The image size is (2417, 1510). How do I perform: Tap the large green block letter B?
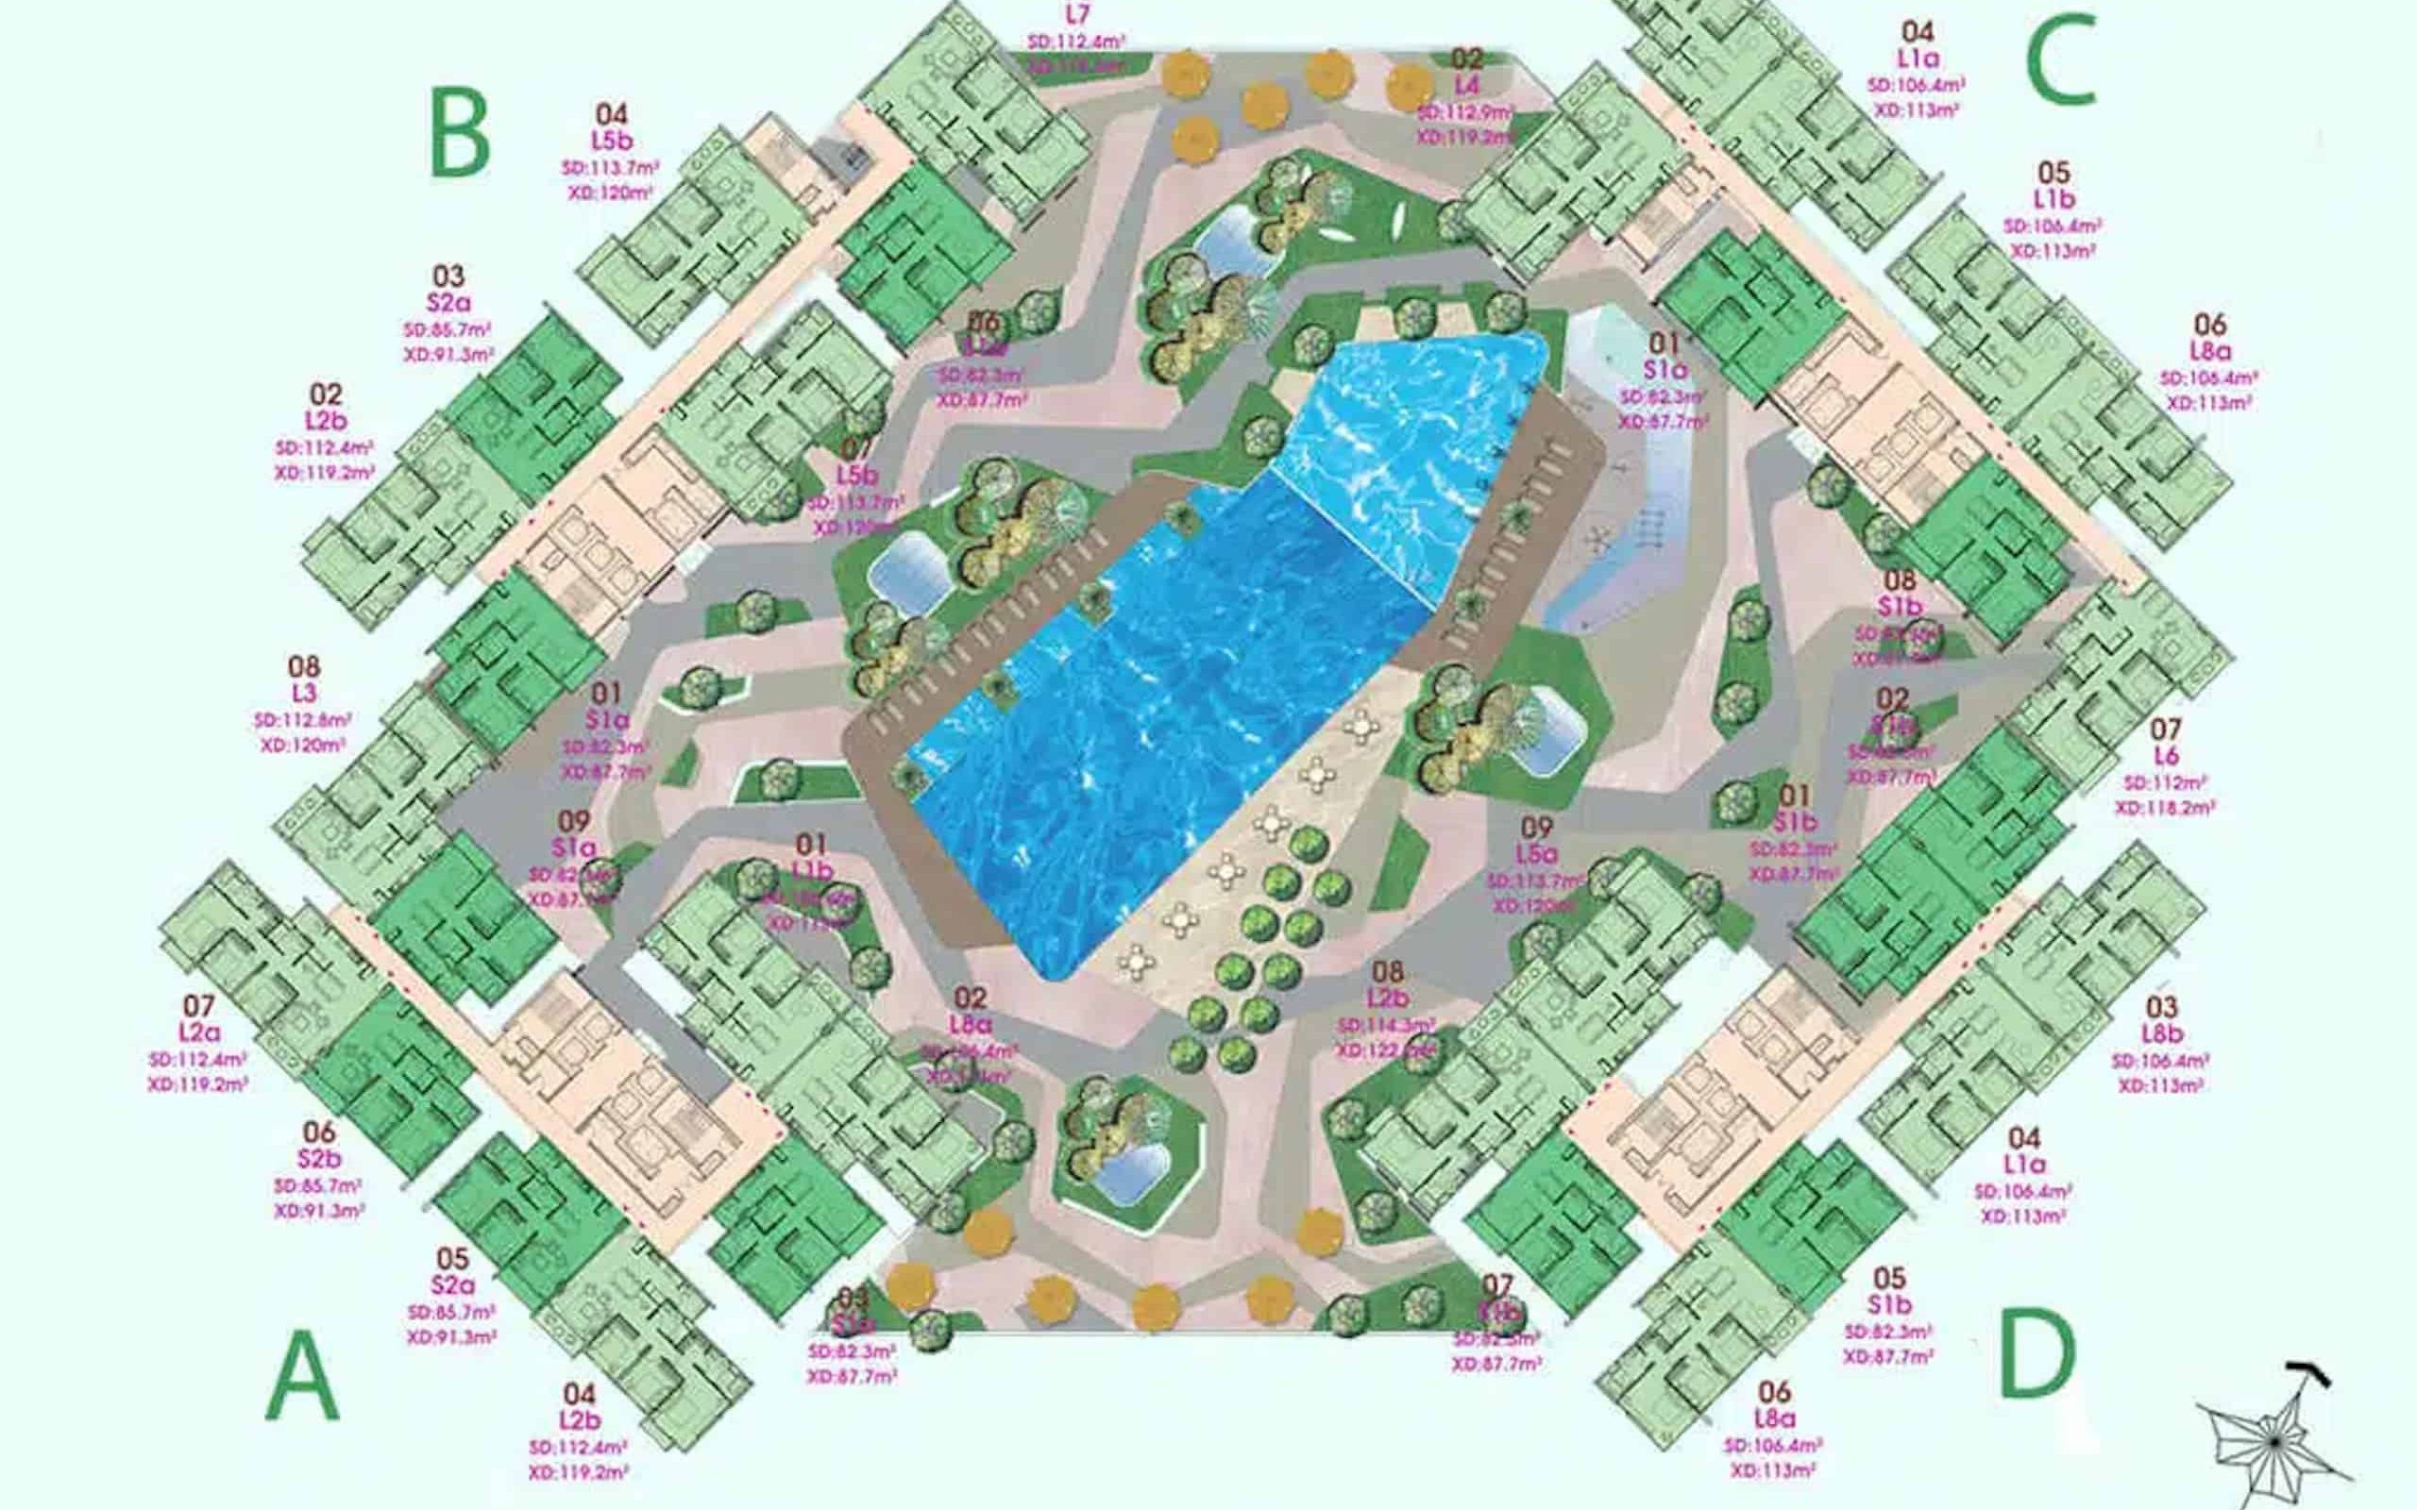tap(460, 133)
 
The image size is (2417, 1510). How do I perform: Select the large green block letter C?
tap(2059, 59)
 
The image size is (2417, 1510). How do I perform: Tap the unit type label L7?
tap(1076, 15)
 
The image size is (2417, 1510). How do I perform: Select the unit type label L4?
tap(1466, 84)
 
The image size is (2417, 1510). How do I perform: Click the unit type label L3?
tap(304, 693)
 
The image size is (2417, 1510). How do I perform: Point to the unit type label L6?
tap(2165, 756)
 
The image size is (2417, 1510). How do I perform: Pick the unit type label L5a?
tap(1536, 855)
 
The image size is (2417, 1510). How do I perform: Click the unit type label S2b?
tap(320, 1160)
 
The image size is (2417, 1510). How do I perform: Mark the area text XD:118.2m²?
tap(2164, 808)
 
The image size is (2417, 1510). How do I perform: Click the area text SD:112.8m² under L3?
tap(303, 720)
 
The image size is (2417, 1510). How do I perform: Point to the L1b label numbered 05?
tap(2053, 200)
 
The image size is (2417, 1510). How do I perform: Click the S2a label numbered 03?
tap(448, 302)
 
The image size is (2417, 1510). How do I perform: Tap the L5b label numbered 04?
tap(611, 141)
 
